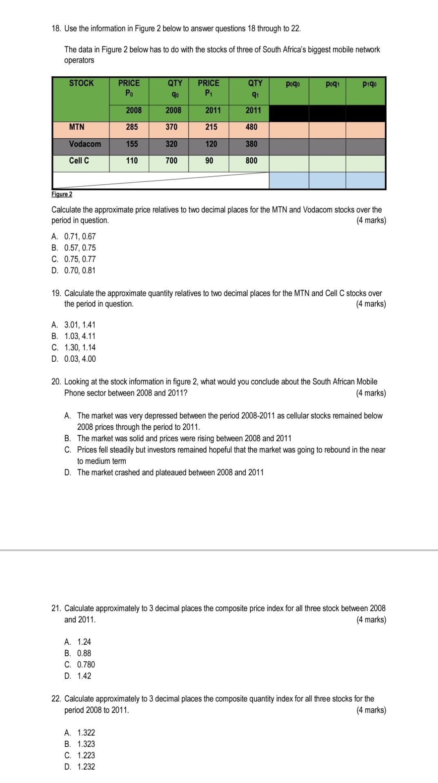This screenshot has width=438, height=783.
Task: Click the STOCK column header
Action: [x=81, y=83]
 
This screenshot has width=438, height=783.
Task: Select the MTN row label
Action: [x=77, y=127]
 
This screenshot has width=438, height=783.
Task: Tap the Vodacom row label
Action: [x=85, y=144]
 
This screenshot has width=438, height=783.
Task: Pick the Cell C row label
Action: [x=79, y=161]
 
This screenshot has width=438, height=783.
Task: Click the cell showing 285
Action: [x=131, y=127]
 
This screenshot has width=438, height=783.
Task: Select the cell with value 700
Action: [x=171, y=161]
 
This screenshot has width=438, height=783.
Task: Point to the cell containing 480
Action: [x=251, y=127]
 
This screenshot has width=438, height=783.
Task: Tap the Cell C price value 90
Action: [x=209, y=161]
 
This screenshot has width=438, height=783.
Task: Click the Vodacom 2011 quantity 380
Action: [x=251, y=144]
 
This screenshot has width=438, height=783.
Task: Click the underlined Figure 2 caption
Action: [x=62, y=194]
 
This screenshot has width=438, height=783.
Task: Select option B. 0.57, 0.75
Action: [x=74, y=248]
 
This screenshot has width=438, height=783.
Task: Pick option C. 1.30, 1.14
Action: [x=74, y=347]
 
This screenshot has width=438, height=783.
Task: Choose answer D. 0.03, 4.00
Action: [x=74, y=359]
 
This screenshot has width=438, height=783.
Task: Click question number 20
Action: [x=56, y=382]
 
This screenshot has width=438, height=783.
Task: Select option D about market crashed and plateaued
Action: [x=164, y=472]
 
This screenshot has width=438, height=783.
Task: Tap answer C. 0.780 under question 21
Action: [x=80, y=664]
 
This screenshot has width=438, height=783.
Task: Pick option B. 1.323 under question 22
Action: [x=80, y=744]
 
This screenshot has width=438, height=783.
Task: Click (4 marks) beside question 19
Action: [x=371, y=304]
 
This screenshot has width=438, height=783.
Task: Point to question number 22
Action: [x=56, y=699]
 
